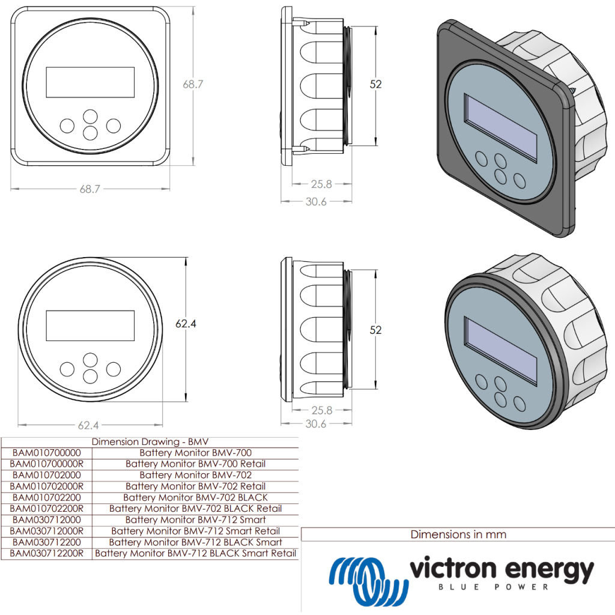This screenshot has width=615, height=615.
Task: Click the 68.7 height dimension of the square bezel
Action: pyautogui.click(x=193, y=85)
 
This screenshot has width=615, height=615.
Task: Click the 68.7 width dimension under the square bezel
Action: pyautogui.click(x=89, y=189)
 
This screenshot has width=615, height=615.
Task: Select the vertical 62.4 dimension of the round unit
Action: pyautogui.click(x=186, y=324)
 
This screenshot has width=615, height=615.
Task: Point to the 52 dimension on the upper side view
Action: pyautogui.click(x=375, y=85)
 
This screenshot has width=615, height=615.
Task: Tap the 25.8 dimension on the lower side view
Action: pyautogui.click(x=321, y=411)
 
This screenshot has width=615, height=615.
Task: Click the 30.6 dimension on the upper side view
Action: pyautogui.click(x=316, y=202)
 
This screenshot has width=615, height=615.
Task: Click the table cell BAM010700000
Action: pyautogui.click(x=46, y=453)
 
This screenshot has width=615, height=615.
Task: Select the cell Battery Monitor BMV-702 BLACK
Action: pyautogui.click(x=195, y=497)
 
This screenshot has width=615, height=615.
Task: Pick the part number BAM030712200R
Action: pyautogui.click(x=47, y=553)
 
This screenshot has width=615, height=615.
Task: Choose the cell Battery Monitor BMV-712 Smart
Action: pyautogui.click(x=195, y=520)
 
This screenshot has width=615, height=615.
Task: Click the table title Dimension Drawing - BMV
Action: pyautogui.click(x=150, y=441)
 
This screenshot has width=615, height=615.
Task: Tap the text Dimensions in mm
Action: pyautogui.click(x=458, y=534)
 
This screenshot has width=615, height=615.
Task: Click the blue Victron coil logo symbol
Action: pyautogui.click(x=365, y=580)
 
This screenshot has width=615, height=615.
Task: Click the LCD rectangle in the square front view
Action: pyautogui.click(x=90, y=82)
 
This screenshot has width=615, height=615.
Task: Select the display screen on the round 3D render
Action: pyautogui.click(x=501, y=350)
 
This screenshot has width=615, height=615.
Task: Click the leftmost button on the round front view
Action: pyautogui.click(x=67, y=369)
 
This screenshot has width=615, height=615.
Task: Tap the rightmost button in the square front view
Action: pyautogui.click(x=113, y=126)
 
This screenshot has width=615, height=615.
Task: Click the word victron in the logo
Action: pyautogui.click(x=452, y=568)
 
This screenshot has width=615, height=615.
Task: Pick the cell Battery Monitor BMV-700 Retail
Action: pyautogui.click(x=195, y=464)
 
